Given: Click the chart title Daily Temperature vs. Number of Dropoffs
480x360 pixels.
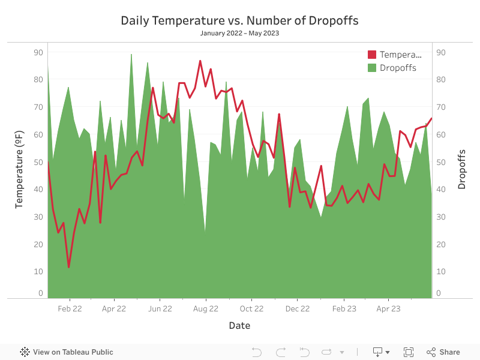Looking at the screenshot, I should (239, 20).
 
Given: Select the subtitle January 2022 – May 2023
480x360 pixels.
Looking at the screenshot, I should (239, 34).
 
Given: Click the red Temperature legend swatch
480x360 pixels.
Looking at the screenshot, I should (372, 55).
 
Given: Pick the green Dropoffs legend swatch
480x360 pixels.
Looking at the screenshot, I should (372, 68).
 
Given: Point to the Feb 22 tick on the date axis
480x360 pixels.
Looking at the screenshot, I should (70, 309).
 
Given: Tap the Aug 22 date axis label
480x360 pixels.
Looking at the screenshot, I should (206, 309).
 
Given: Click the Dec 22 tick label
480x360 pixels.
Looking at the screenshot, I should (297, 309).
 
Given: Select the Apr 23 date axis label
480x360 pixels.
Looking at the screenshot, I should (388, 309).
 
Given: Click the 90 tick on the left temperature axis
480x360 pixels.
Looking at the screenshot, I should (38, 52).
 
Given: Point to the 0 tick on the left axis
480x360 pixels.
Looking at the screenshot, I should (41, 293).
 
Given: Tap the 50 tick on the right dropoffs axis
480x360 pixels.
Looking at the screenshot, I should (440, 162).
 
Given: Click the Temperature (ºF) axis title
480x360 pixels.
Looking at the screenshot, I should (19, 171).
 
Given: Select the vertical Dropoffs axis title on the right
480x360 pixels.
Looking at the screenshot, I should (461, 170).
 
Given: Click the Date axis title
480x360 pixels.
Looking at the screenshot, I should (239, 326).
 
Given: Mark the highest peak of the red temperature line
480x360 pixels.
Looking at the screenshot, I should (200, 61).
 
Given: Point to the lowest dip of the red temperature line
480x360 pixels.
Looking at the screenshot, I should (69, 267).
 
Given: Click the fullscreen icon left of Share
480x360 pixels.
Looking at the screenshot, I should (409, 352).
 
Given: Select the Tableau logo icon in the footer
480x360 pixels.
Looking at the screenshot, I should (25, 352).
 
